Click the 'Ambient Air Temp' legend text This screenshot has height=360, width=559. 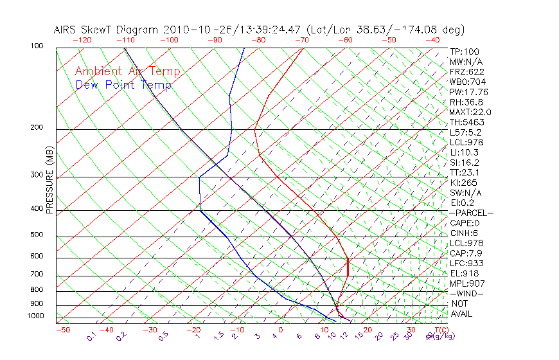click(127, 71)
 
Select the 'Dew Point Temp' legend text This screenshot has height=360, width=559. click(123, 85)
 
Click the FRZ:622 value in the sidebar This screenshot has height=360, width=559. click(467, 71)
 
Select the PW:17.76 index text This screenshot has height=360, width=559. click(469, 92)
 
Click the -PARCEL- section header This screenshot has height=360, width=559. click(472, 213)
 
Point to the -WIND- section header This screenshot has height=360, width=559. click(467, 293)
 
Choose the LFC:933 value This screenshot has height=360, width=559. click(467, 263)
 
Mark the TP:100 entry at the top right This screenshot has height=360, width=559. click(465, 51)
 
